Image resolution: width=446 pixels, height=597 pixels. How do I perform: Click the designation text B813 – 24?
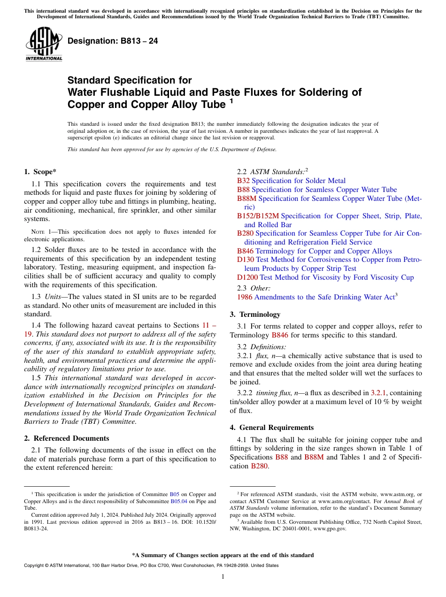(x=113, y=41)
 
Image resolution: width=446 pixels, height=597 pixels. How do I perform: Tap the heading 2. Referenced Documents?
(x=67, y=438)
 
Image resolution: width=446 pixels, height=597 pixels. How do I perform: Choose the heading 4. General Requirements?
(x=272, y=428)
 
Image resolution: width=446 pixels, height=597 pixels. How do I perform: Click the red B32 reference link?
(x=243, y=181)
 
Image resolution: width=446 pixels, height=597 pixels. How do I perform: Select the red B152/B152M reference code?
(x=258, y=216)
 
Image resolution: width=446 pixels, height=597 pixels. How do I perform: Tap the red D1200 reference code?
(x=247, y=277)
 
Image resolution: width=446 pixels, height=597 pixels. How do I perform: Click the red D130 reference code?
(x=246, y=260)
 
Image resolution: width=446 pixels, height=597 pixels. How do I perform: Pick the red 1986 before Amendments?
(x=245, y=297)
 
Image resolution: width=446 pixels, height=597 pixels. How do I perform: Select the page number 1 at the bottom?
(x=223, y=577)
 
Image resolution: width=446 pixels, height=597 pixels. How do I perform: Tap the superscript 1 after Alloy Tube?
(x=231, y=101)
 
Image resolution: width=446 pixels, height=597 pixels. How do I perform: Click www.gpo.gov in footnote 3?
(x=330, y=528)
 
